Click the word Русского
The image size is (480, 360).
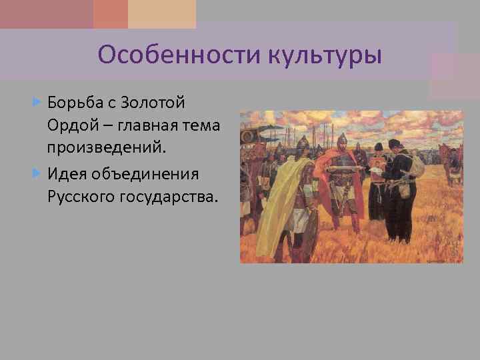[81, 196]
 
